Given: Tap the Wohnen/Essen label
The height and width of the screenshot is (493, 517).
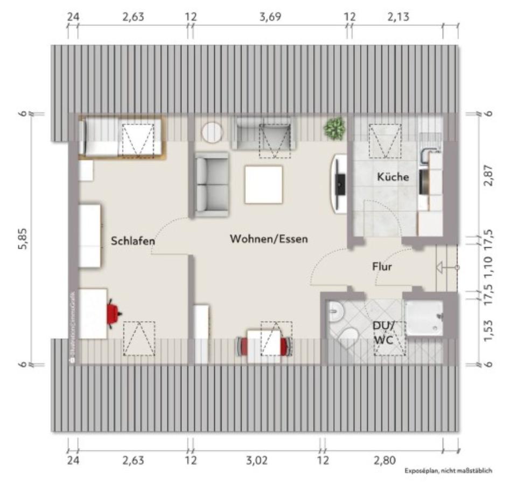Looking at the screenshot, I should [x=269, y=238].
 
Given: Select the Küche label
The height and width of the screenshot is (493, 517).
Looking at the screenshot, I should [x=393, y=176].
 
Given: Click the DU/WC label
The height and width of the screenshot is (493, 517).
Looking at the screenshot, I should [x=383, y=333].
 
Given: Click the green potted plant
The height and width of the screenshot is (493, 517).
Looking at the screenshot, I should [x=334, y=128].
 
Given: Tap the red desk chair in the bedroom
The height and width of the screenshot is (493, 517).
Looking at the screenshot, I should [x=113, y=313].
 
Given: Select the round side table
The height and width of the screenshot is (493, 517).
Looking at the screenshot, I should [x=212, y=132].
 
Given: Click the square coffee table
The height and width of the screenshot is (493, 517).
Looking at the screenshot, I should [x=263, y=184].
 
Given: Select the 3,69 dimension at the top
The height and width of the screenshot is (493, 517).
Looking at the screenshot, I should [x=270, y=17].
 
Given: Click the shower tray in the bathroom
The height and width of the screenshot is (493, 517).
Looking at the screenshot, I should [x=424, y=317].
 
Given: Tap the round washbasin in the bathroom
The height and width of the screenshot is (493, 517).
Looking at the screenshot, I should [x=336, y=310].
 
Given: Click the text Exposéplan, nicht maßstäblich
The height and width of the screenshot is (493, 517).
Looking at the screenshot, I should [x=449, y=471].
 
